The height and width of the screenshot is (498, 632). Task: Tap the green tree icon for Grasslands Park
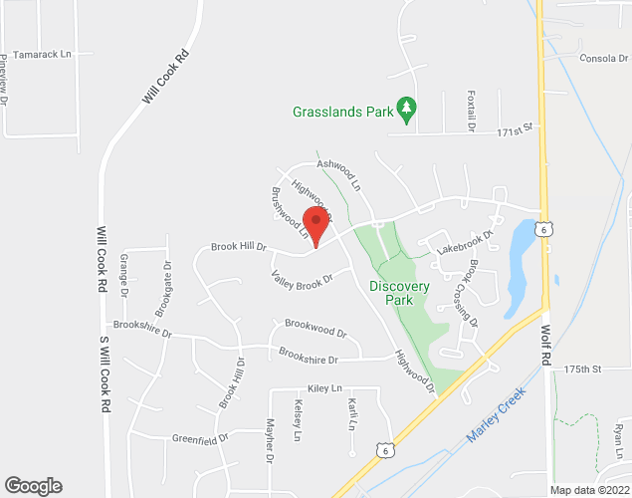tap(405, 107)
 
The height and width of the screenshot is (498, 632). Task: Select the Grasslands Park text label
tap(341, 112)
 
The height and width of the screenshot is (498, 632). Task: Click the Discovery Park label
tap(399, 294)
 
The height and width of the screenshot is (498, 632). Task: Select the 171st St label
tap(518, 130)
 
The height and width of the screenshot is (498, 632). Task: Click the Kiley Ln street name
tap(324, 387)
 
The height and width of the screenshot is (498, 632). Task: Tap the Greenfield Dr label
tap(200, 437)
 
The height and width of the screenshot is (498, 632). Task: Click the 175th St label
tap(583, 370)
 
